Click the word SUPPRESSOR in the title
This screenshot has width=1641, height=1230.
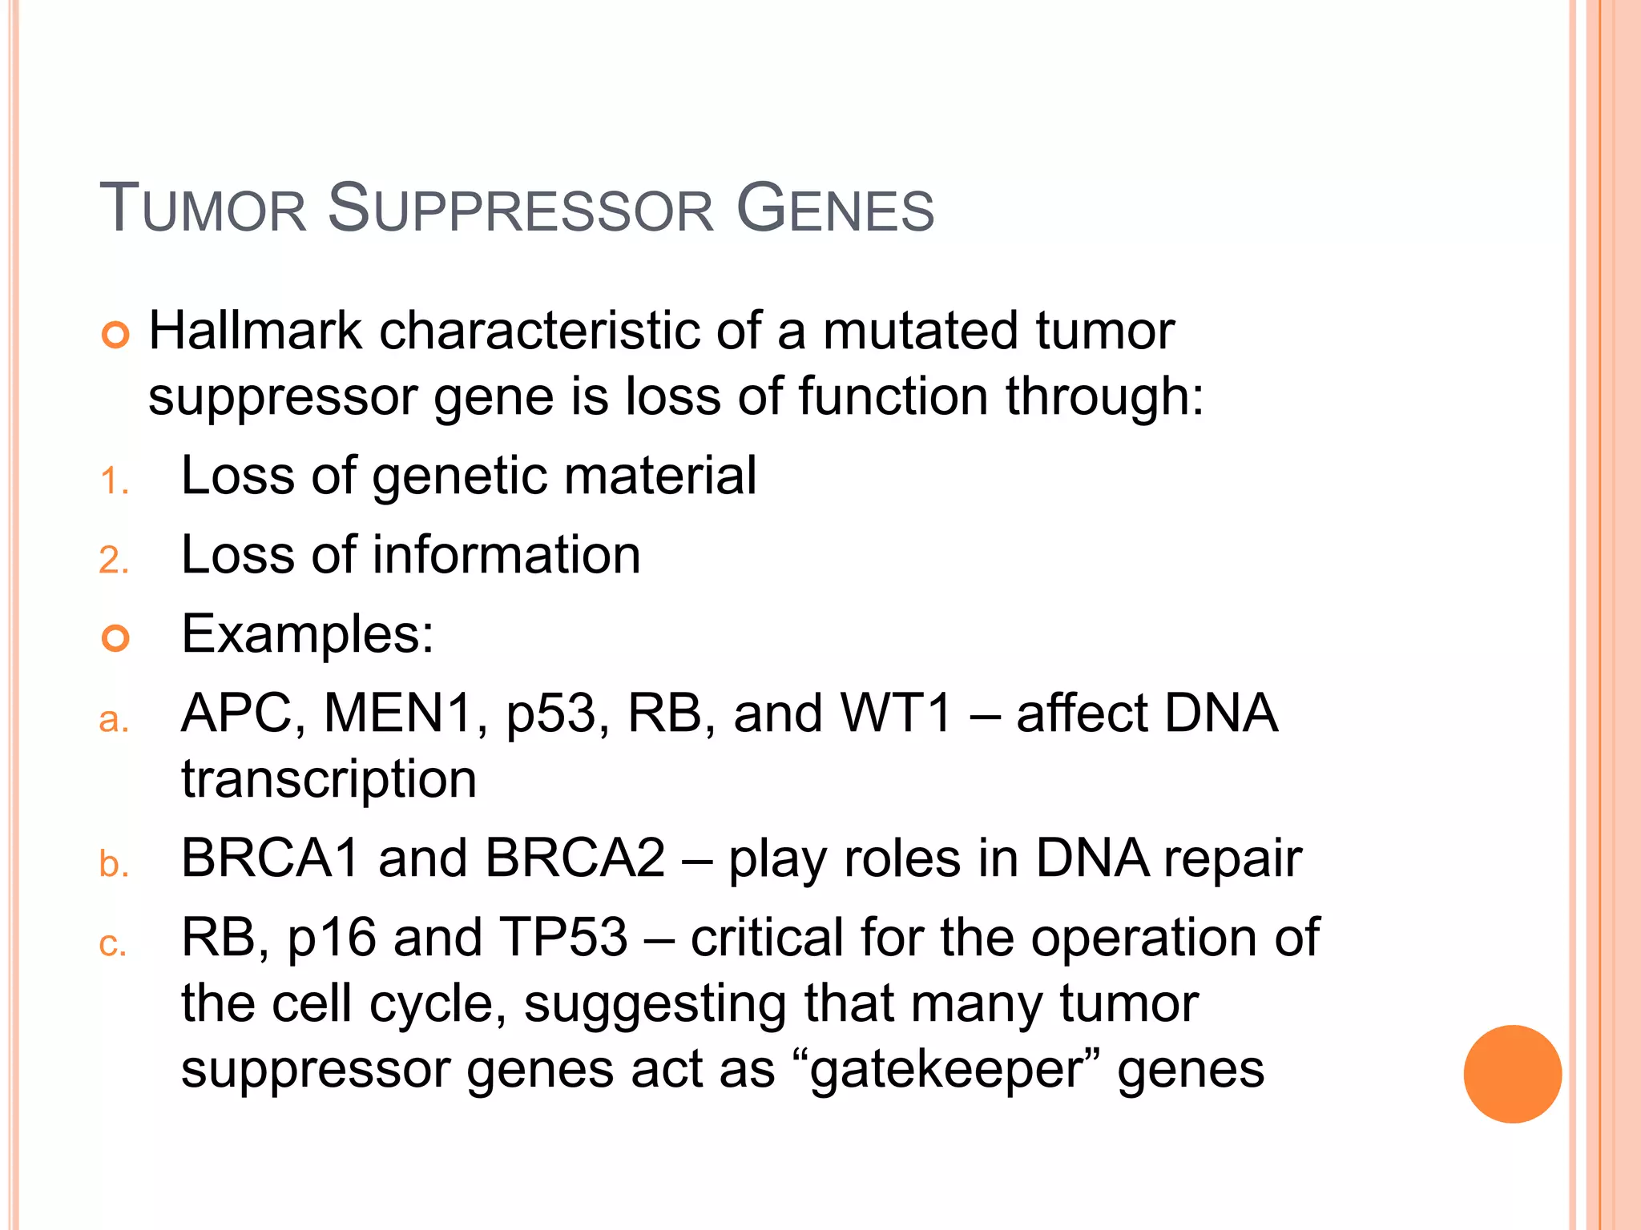point(520,210)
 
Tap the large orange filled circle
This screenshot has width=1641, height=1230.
point(1512,1074)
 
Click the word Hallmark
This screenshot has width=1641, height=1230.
point(256,331)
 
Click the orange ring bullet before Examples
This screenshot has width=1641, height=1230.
point(115,638)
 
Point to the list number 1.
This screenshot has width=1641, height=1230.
point(113,482)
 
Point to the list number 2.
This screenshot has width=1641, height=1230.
point(113,560)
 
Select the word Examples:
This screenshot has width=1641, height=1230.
point(308,635)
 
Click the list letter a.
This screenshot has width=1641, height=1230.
point(113,719)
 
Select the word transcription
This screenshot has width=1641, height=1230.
point(329,780)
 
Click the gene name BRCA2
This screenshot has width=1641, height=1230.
point(575,858)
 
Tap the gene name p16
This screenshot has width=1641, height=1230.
point(331,939)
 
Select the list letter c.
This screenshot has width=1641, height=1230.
point(112,944)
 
